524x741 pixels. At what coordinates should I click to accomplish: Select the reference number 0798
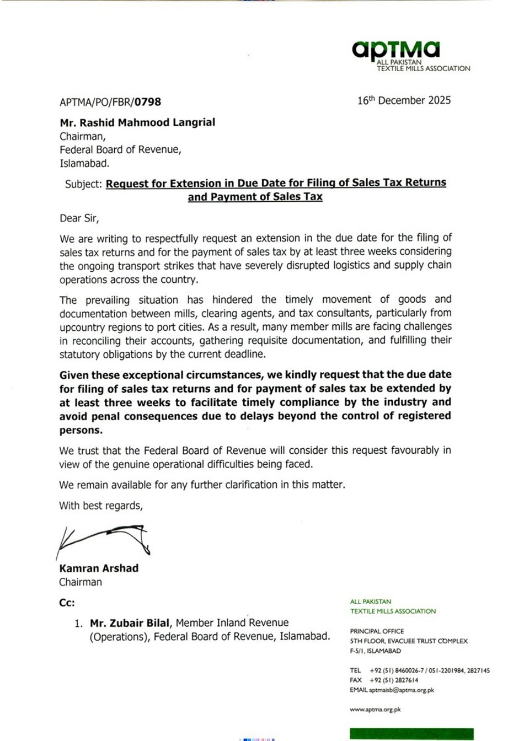coord(148,102)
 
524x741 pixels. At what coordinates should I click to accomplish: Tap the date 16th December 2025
coord(404,100)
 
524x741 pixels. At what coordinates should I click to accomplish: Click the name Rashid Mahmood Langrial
coord(137,122)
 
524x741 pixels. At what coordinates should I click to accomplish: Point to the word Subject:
coord(83,184)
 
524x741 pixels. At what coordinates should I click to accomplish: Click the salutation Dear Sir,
coord(79,218)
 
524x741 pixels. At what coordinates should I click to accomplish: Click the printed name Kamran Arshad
coord(99,568)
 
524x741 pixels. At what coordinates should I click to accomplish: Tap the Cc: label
coord(67,603)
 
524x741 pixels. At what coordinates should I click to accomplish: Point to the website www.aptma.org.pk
coord(375,710)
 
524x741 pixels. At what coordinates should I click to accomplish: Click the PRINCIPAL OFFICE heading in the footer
coord(377,631)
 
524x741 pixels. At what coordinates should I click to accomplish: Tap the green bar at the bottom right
coord(411,734)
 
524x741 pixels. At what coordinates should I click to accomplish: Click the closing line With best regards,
coord(101,506)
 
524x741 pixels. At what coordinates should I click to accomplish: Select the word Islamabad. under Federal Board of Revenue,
coord(84,163)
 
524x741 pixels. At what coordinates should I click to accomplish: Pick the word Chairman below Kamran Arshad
coord(81,582)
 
